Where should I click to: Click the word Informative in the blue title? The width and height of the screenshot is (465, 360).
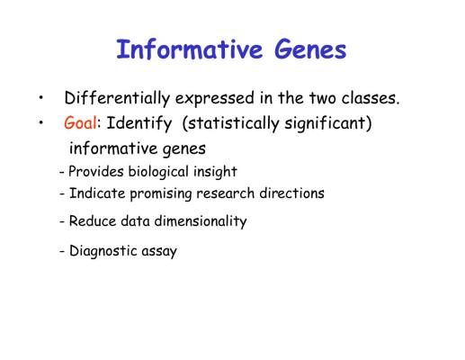[190, 49]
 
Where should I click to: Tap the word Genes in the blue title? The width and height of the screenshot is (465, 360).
[310, 49]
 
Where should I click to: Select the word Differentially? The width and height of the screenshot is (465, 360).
[117, 98]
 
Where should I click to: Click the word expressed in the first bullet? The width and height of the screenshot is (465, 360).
[215, 99]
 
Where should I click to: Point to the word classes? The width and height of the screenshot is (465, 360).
[371, 98]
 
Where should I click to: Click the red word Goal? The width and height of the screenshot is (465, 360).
[80, 122]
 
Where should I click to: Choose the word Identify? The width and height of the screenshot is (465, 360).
[139, 123]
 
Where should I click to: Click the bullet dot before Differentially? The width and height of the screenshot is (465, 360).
[41, 97]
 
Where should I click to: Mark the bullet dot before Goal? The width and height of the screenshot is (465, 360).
[41, 122]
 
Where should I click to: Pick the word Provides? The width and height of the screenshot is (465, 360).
[96, 172]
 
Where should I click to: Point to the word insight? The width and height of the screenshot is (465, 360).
[215, 172]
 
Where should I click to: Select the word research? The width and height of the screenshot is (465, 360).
[226, 193]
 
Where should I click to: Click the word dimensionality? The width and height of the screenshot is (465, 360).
[201, 221]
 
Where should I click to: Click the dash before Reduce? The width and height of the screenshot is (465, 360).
[62, 222]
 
